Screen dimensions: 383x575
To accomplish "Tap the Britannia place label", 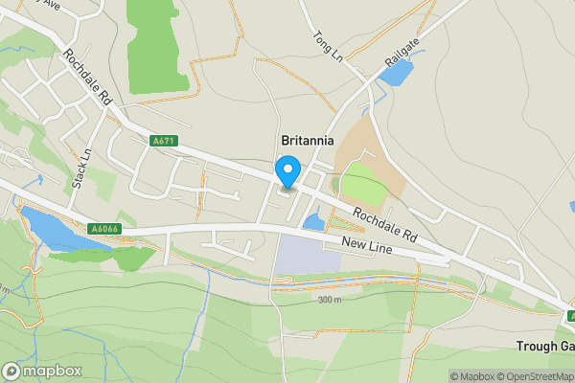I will [307, 140].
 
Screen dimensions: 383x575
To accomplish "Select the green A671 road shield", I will [164, 141].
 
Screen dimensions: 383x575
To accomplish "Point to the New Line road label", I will [369, 247].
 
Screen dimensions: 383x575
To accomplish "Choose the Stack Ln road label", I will [85, 167].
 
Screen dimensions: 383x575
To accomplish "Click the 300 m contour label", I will [330, 300].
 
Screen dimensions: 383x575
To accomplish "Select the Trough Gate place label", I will [543, 347].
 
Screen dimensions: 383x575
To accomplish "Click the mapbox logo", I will [41, 371].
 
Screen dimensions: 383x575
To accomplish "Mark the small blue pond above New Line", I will [313, 223].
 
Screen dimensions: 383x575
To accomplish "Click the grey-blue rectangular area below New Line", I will [308, 254].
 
